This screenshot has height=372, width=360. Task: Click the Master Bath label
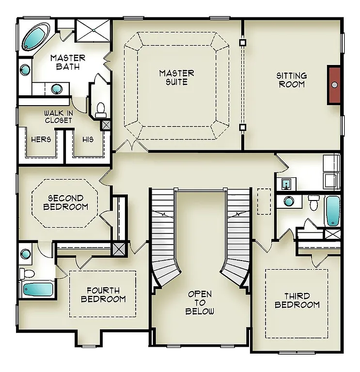(68, 62)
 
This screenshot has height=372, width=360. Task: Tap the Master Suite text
(177, 77)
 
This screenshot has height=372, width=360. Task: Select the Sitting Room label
(291, 80)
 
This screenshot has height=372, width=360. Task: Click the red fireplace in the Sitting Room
(334, 85)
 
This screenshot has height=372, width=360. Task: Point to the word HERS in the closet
(41, 139)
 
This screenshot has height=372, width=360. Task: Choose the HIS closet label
(88, 139)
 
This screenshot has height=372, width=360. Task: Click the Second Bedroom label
(65, 202)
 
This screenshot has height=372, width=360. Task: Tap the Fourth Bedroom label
(103, 294)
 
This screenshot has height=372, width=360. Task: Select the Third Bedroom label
(297, 300)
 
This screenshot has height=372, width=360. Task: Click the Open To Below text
(201, 303)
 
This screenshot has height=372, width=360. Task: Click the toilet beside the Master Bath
(101, 110)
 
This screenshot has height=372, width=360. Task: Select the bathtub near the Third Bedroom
(332, 210)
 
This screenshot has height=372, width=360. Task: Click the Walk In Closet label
(59, 116)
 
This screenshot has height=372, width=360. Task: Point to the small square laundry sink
(286, 183)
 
